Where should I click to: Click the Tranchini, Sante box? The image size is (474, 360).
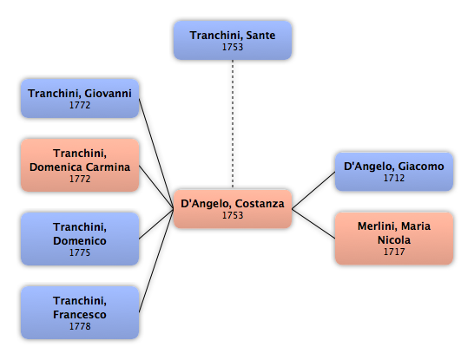(x=233, y=40)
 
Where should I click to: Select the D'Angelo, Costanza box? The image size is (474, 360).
(x=233, y=209)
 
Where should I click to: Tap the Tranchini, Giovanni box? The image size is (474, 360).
(x=80, y=98)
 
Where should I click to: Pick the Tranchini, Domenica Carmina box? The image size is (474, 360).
(x=80, y=165)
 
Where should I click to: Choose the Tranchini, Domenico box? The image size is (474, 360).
(x=80, y=239)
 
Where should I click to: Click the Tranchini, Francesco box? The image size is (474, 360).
(x=80, y=312)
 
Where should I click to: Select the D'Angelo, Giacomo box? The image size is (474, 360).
(x=394, y=172)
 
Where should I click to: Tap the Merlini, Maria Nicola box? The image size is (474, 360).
(x=394, y=239)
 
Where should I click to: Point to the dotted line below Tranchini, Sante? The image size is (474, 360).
(x=233, y=124)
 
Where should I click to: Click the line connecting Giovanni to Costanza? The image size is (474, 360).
(x=156, y=154)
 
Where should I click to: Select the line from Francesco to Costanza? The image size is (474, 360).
(x=156, y=260)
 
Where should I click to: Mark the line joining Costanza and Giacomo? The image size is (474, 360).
(x=313, y=190)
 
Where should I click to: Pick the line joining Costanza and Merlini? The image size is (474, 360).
(x=313, y=224)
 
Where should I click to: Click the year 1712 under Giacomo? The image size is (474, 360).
(x=394, y=178)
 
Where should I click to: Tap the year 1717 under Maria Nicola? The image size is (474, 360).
(x=394, y=252)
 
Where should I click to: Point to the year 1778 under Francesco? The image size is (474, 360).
(x=80, y=326)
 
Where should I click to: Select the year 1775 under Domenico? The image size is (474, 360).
(x=80, y=252)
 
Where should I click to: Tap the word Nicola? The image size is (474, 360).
(x=394, y=240)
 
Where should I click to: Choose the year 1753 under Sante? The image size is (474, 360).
(x=233, y=47)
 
